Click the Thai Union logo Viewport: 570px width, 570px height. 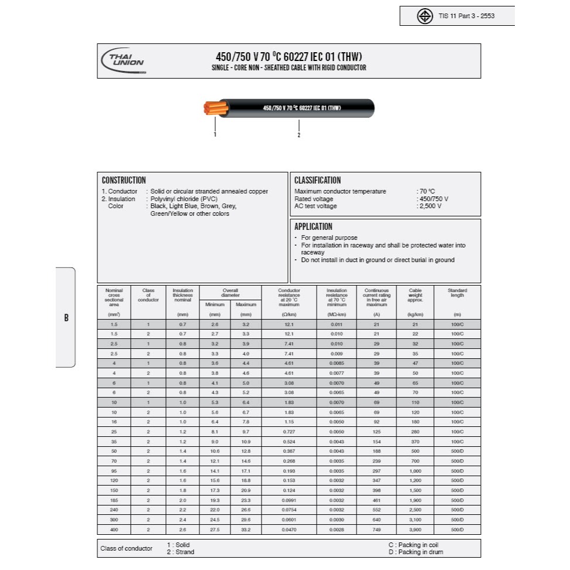(124, 60)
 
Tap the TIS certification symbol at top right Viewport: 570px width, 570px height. (425, 16)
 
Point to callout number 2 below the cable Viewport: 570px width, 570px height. (299, 135)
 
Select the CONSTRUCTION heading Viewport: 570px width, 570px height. (124, 181)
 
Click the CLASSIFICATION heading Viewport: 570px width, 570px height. (317, 181)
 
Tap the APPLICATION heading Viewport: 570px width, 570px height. (313, 226)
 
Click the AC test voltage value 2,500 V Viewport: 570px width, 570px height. (430, 206)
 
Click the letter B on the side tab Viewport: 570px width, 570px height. (66, 318)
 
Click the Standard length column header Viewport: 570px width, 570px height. (457, 293)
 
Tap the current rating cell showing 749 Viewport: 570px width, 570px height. (376, 530)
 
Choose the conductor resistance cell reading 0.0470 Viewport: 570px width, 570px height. (289, 530)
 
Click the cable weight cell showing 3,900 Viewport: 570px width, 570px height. (415, 530)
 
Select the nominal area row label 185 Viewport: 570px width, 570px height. (114, 500)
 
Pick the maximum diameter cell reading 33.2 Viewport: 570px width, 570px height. (245, 530)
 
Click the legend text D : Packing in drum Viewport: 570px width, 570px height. (416, 552)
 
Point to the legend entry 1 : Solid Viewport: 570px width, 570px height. (179, 545)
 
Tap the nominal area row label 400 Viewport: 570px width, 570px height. (114, 530)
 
